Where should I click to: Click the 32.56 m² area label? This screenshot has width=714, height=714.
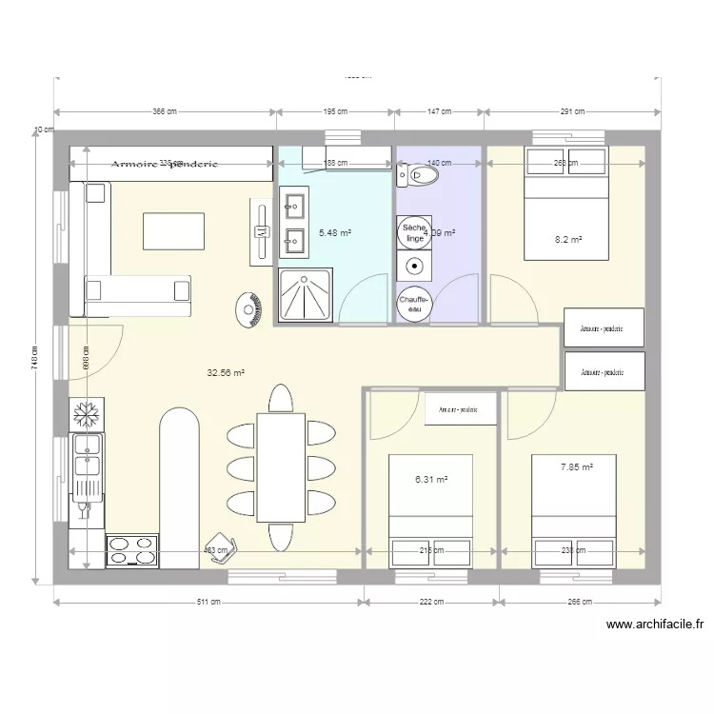tap(227, 374)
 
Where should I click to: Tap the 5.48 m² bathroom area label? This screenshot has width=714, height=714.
tap(334, 232)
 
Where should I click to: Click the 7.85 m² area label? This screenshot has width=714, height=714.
tap(577, 467)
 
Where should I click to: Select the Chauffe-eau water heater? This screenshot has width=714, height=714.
tap(414, 304)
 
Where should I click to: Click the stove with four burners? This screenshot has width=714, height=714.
tap(132, 550)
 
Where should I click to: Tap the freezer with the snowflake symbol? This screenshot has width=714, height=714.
tap(86, 416)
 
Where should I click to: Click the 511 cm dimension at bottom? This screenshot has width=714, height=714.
tap(208, 602)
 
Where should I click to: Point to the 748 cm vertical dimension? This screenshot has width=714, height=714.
tap(33, 356)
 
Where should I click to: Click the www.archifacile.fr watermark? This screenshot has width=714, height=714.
tap(654, 625)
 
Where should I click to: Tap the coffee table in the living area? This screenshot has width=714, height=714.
tap(173, 231)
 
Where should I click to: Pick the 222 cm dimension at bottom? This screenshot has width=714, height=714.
tap(431, 602)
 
